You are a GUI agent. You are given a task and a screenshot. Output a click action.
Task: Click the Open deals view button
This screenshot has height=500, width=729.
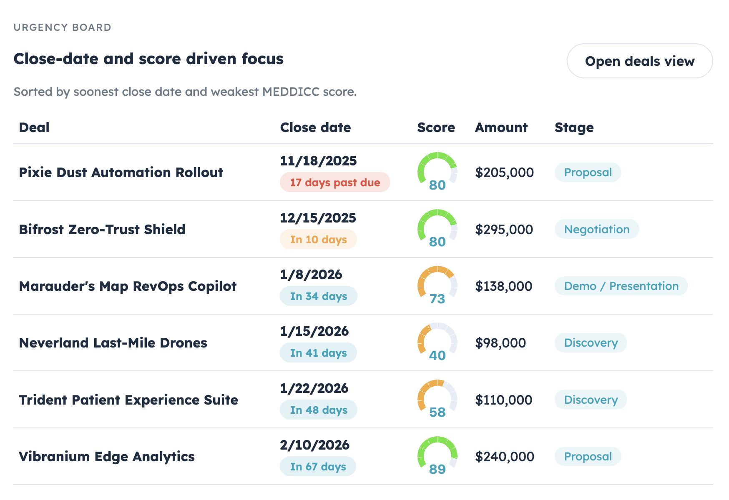coord(639,61)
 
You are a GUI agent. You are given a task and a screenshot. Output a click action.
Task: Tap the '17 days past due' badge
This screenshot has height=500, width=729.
coord(335,182)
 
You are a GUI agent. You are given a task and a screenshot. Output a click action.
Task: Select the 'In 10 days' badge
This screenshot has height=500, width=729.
coord(318,240)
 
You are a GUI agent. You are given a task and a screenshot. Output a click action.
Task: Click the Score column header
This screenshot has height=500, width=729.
coord(436,127)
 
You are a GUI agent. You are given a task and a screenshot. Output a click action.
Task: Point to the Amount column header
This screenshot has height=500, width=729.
coord(501,127)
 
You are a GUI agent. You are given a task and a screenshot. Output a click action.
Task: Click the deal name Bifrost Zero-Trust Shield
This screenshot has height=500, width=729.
coord(102,230)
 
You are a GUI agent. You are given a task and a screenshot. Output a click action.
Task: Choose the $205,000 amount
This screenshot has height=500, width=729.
coord(504,172)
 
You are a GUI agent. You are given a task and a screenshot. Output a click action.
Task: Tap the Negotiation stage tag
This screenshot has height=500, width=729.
coord(596,230)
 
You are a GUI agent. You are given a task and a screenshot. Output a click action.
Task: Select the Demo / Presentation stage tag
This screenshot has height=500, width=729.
coord(621,286)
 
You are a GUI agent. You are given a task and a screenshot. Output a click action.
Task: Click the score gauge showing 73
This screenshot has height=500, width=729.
coord(437,286)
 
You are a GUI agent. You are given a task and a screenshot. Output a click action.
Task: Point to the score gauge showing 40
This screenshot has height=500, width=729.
coord(437,342)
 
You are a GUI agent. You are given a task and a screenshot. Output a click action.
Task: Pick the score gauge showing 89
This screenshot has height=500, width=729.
coord(437,456)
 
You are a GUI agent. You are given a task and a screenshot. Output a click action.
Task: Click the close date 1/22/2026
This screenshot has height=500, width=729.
coord(314,388)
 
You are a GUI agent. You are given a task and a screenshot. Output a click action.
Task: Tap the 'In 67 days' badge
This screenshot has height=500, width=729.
coord(318,467)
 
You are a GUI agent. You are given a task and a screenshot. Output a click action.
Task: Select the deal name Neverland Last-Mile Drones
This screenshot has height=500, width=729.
coord(113,343)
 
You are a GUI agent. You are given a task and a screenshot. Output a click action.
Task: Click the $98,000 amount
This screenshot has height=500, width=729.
coord(500,343)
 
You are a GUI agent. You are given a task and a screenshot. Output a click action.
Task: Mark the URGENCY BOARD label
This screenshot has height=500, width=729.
coord(63,27)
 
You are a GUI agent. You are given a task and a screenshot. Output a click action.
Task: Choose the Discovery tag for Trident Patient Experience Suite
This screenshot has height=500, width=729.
coord(591,400)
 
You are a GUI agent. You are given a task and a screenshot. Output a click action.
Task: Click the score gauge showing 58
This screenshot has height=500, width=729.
coord(437,400)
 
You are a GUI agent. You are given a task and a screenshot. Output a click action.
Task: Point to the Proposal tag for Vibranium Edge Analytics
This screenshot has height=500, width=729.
coord(588,457)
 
